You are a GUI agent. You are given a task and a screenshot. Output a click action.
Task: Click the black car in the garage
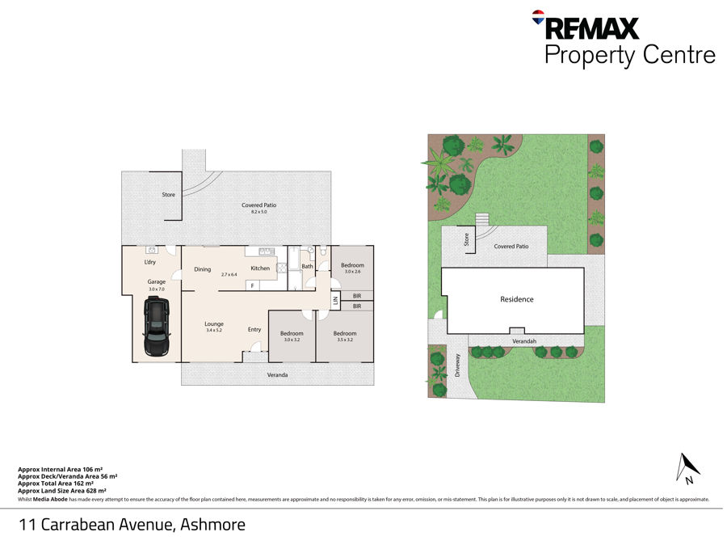156,327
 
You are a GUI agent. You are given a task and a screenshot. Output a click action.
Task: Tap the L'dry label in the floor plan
149,263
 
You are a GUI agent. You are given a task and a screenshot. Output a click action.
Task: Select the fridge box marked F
252,285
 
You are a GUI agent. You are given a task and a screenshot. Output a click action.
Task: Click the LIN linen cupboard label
335,301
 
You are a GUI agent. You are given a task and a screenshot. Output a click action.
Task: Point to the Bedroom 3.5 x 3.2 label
344,336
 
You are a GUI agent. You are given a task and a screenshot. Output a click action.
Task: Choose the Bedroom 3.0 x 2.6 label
352,268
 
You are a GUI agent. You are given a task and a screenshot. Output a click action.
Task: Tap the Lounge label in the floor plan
214,323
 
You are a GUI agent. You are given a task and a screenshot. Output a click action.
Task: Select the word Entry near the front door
254,329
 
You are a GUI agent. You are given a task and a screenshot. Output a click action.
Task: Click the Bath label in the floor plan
307,266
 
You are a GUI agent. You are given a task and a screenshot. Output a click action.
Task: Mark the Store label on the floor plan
168,195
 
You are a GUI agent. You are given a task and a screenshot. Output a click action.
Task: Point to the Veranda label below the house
278,374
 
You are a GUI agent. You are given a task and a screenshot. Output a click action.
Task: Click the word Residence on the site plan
516,299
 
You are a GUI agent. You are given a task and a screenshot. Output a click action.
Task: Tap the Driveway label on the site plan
457,366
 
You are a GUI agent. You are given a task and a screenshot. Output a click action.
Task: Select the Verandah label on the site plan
524,341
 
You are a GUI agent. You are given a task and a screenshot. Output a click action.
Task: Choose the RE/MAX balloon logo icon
537,16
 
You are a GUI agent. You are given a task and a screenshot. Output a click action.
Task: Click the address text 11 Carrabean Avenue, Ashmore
132,524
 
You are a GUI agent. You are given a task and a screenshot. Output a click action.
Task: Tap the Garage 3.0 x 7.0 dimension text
156,285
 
